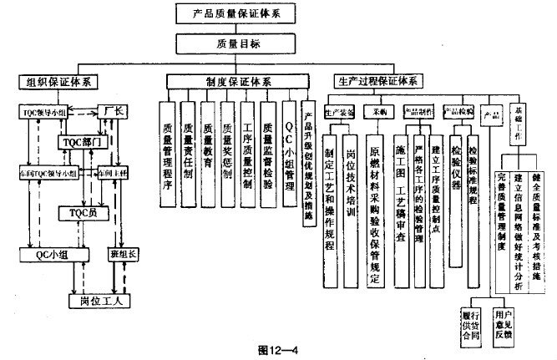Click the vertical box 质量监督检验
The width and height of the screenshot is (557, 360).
click(x=267, y=158)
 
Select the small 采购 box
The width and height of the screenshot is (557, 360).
click(x=377, y=111)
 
